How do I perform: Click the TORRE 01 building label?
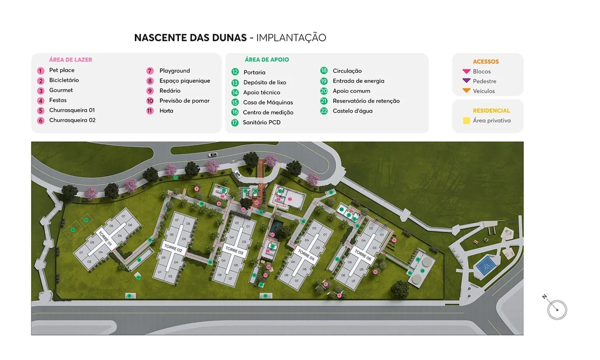(x=105, y=239)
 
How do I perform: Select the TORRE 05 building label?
(x=363, y=255)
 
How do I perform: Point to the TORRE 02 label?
(x=173, y=248)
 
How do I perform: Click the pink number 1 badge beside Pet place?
(x=41, y=71)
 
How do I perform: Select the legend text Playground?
(x=175, y=71)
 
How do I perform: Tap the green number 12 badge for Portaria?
(x=235, y=72)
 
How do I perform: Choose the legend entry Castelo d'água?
(x=353, y=111)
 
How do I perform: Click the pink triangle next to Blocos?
(x=466, y=71)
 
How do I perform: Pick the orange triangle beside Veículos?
(x=466, y=91)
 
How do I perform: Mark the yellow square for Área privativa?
(x=466, y=121)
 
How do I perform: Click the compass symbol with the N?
(x=557, y=309)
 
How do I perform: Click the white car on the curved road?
(x=213, y=154)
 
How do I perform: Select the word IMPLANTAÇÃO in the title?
(x=291, y=38)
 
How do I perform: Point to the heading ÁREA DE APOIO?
(x=267, y=60)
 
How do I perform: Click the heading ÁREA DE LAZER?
(x=70, y=60)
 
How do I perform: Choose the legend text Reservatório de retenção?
(x=366, y=101)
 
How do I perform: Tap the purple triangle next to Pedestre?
(x=466, y=81)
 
